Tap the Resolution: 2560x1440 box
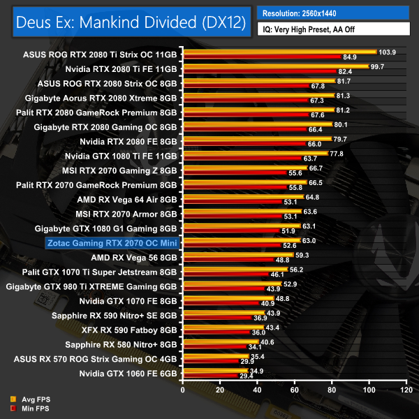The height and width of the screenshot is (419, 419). [x=332, y=13]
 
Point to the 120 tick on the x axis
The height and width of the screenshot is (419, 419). [x=406, y=390]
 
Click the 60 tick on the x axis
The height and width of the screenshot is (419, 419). [x=294, y=390]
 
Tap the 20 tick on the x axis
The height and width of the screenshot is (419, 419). [x=220, y=390]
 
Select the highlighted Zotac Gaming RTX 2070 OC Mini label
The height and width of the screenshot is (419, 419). [x=112, y=243]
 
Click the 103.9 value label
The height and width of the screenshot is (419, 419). [x=387, y=52]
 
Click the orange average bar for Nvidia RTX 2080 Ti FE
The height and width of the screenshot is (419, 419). [x=275, y=66]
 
